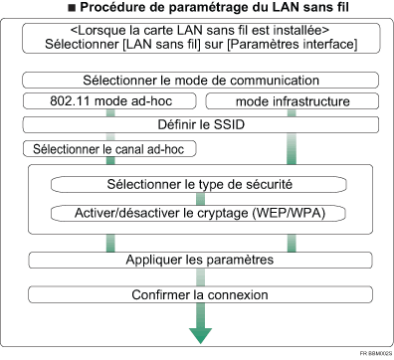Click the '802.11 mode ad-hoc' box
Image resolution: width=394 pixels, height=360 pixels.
click(x=104, y=101)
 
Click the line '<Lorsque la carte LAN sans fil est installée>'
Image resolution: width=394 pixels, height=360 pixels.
click(x=199, y=31)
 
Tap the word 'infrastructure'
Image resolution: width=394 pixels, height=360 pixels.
click(x=313, y=101)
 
